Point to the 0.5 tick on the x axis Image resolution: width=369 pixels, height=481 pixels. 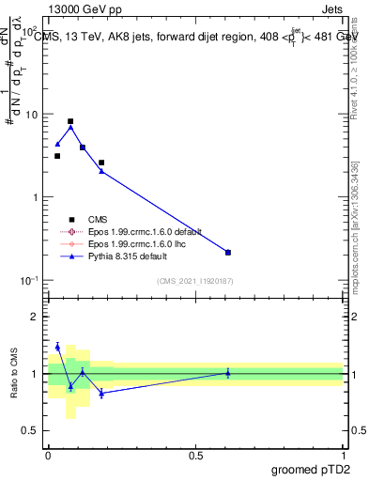pos(195,455)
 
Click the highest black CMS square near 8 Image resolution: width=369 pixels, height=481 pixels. pos(70,121)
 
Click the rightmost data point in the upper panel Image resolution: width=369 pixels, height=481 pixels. pos(228,252)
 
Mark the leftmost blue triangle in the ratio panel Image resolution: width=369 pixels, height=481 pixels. pos(57,347)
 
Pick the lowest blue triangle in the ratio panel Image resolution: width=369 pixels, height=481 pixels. pos(101,394)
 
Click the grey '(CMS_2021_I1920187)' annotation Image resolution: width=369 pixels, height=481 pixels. pos(195,281)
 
